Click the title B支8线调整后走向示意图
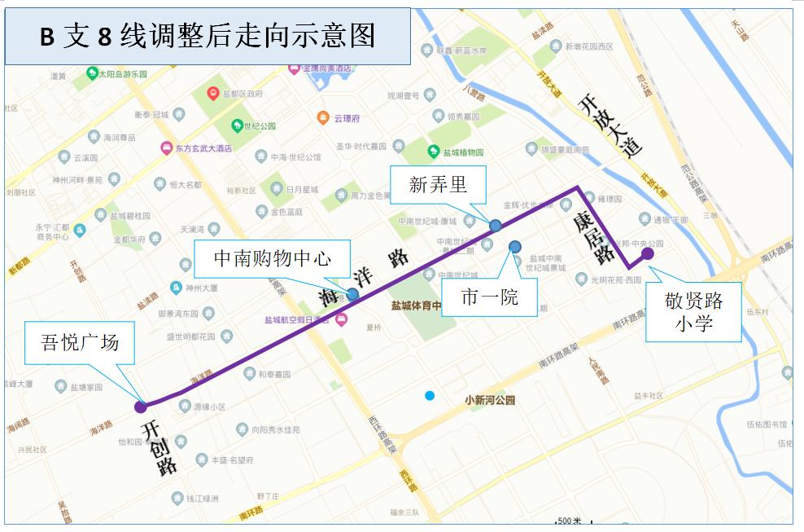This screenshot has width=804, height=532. click(208, 35)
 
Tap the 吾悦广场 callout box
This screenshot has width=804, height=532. click(80, 341)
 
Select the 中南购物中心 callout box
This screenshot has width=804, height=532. click(272, 258)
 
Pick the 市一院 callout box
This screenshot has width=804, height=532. click(489, 297)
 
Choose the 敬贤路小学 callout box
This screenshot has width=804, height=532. click(693, 312)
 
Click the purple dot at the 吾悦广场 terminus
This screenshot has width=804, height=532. click(141, 405)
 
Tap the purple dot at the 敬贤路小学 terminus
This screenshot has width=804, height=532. click(648, 253)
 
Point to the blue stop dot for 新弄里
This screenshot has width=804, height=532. click(495, 224)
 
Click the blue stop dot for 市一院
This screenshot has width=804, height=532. click(514, 246)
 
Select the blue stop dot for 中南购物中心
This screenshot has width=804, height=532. click(352, 294)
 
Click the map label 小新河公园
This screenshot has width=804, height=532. click(490, 400)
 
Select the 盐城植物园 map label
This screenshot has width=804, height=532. click(462, 152)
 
